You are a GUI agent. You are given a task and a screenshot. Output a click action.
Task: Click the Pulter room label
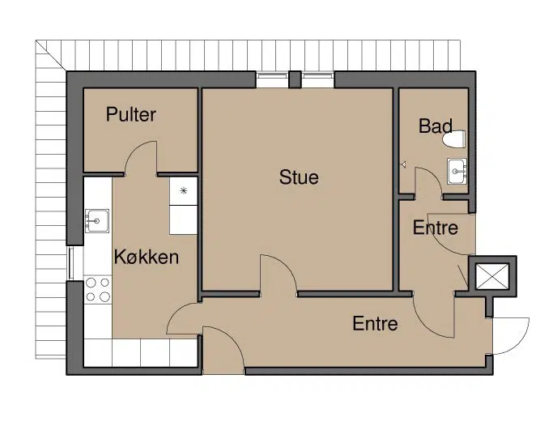point(130,114)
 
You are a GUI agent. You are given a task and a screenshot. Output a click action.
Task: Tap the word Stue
point(299,177)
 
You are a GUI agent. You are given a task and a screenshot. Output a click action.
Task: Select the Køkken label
point(147,257)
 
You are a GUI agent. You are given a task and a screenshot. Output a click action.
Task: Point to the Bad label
point(436,126)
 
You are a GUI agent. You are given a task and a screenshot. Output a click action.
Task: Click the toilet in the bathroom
point(454,139)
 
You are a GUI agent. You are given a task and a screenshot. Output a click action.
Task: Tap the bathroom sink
point(457,172)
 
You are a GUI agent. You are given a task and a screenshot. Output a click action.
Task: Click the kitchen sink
point(97,221)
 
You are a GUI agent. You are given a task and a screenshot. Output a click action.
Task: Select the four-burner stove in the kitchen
point(98,290)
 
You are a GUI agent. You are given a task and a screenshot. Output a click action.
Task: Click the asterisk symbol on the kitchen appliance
point(183,191)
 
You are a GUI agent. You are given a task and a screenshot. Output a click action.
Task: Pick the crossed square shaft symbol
point(492,276)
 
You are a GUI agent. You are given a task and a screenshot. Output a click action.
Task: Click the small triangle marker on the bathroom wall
point(403,164)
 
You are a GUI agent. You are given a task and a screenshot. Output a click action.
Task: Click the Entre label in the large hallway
point(375,323)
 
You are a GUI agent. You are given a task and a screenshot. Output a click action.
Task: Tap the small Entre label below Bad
point(436,228)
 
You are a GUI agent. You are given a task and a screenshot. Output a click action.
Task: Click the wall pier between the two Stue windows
point(295,79)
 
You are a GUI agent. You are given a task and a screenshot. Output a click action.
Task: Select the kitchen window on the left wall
point(71,263)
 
